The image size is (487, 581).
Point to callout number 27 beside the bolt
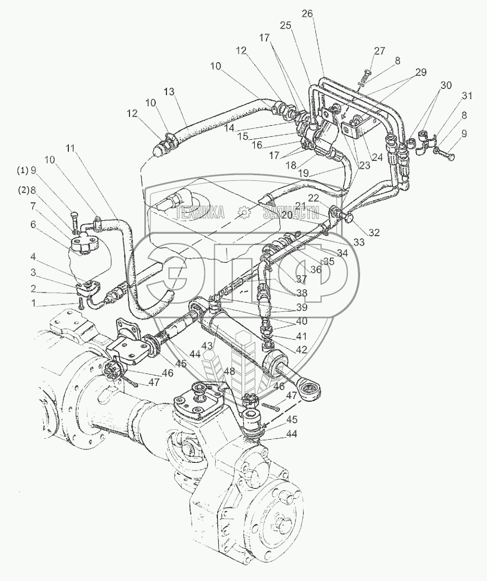(x=380, y=51)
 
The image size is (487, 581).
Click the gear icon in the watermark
(x=244, y=212)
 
